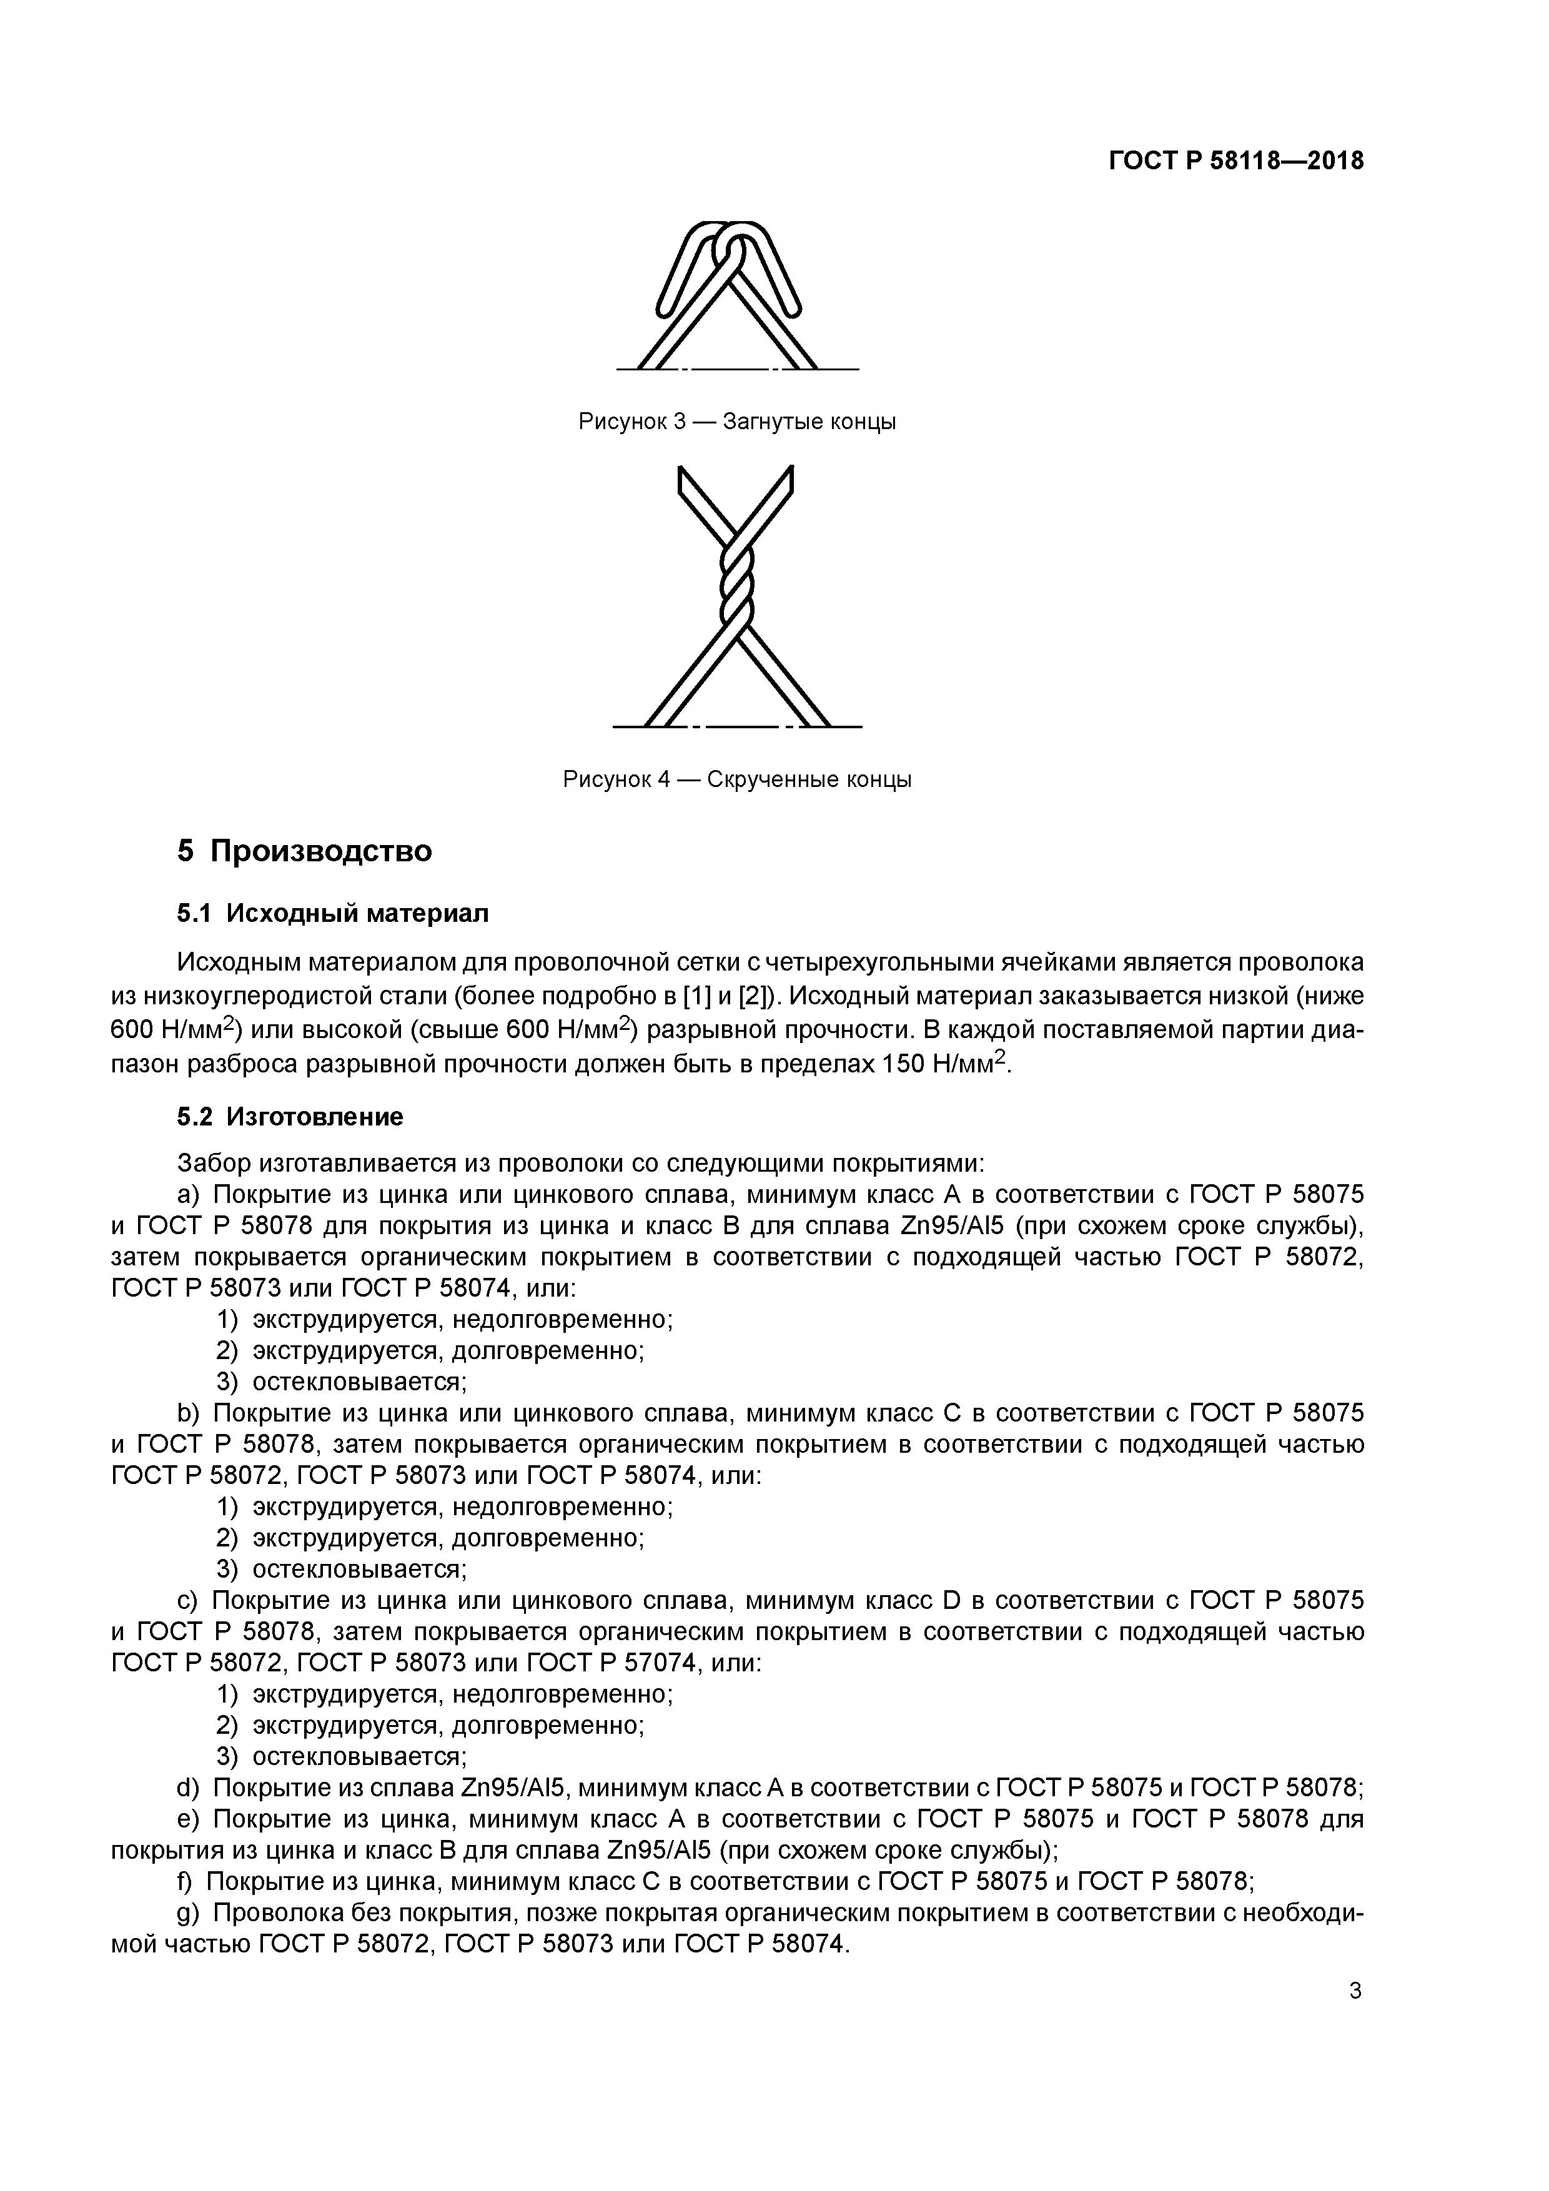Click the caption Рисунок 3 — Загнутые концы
(x=737, y=421)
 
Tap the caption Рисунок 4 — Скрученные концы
(x=737, y=779)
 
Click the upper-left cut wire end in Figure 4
(x=689, y=487)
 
